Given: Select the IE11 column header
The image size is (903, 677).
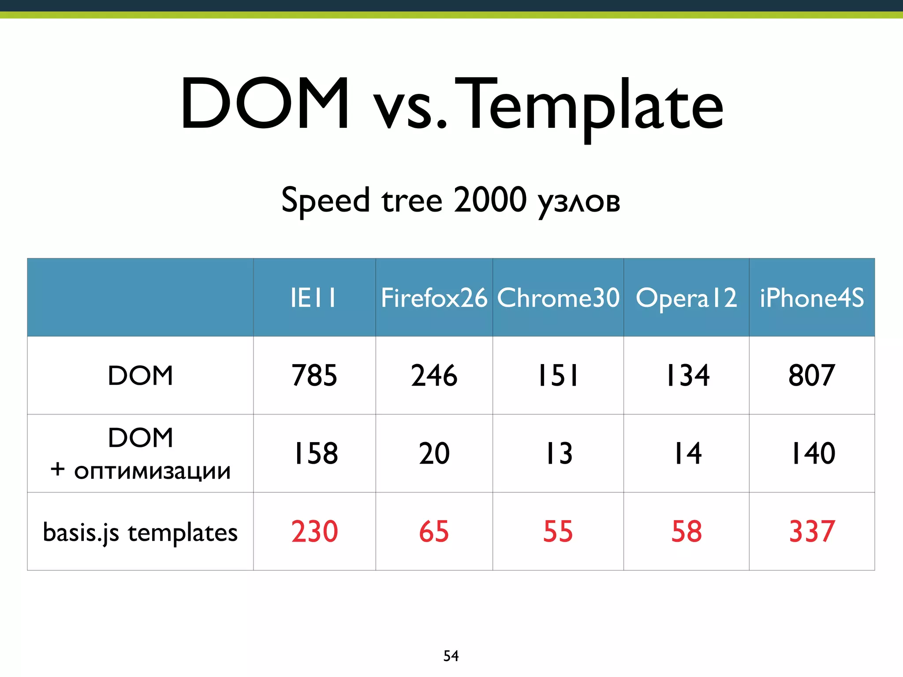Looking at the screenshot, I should click(314, 298).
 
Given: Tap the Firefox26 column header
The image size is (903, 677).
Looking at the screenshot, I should click(434, 298).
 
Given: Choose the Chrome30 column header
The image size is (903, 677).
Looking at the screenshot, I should click(558, 298).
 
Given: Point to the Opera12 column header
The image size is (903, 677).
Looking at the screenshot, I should click(686, 298).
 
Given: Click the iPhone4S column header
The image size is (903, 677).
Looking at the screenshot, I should click(812, 298).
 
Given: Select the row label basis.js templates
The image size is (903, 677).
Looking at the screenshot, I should click(140, 532).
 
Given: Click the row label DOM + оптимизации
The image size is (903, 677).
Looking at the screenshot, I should click(140, 454).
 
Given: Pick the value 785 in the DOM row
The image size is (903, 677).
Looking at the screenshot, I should click(314, 376).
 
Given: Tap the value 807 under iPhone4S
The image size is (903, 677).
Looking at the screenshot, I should click(812, 376).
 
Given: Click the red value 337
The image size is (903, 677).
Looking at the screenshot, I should click(812, 532).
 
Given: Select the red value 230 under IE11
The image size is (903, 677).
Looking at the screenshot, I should click(314, 532).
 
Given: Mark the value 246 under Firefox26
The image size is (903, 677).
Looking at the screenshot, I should click(434, 376).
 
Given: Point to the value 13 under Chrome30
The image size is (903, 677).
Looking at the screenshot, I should click(559, 454).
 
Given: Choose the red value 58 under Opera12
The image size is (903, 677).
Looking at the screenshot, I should click(686, 532).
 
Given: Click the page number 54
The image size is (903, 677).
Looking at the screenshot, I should click(451, 656).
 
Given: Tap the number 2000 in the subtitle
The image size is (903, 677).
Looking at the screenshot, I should click(490, 200).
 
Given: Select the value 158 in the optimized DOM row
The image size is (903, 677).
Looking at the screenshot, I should click(315, 454).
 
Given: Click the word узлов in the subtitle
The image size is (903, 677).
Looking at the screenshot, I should click(579, 202).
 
